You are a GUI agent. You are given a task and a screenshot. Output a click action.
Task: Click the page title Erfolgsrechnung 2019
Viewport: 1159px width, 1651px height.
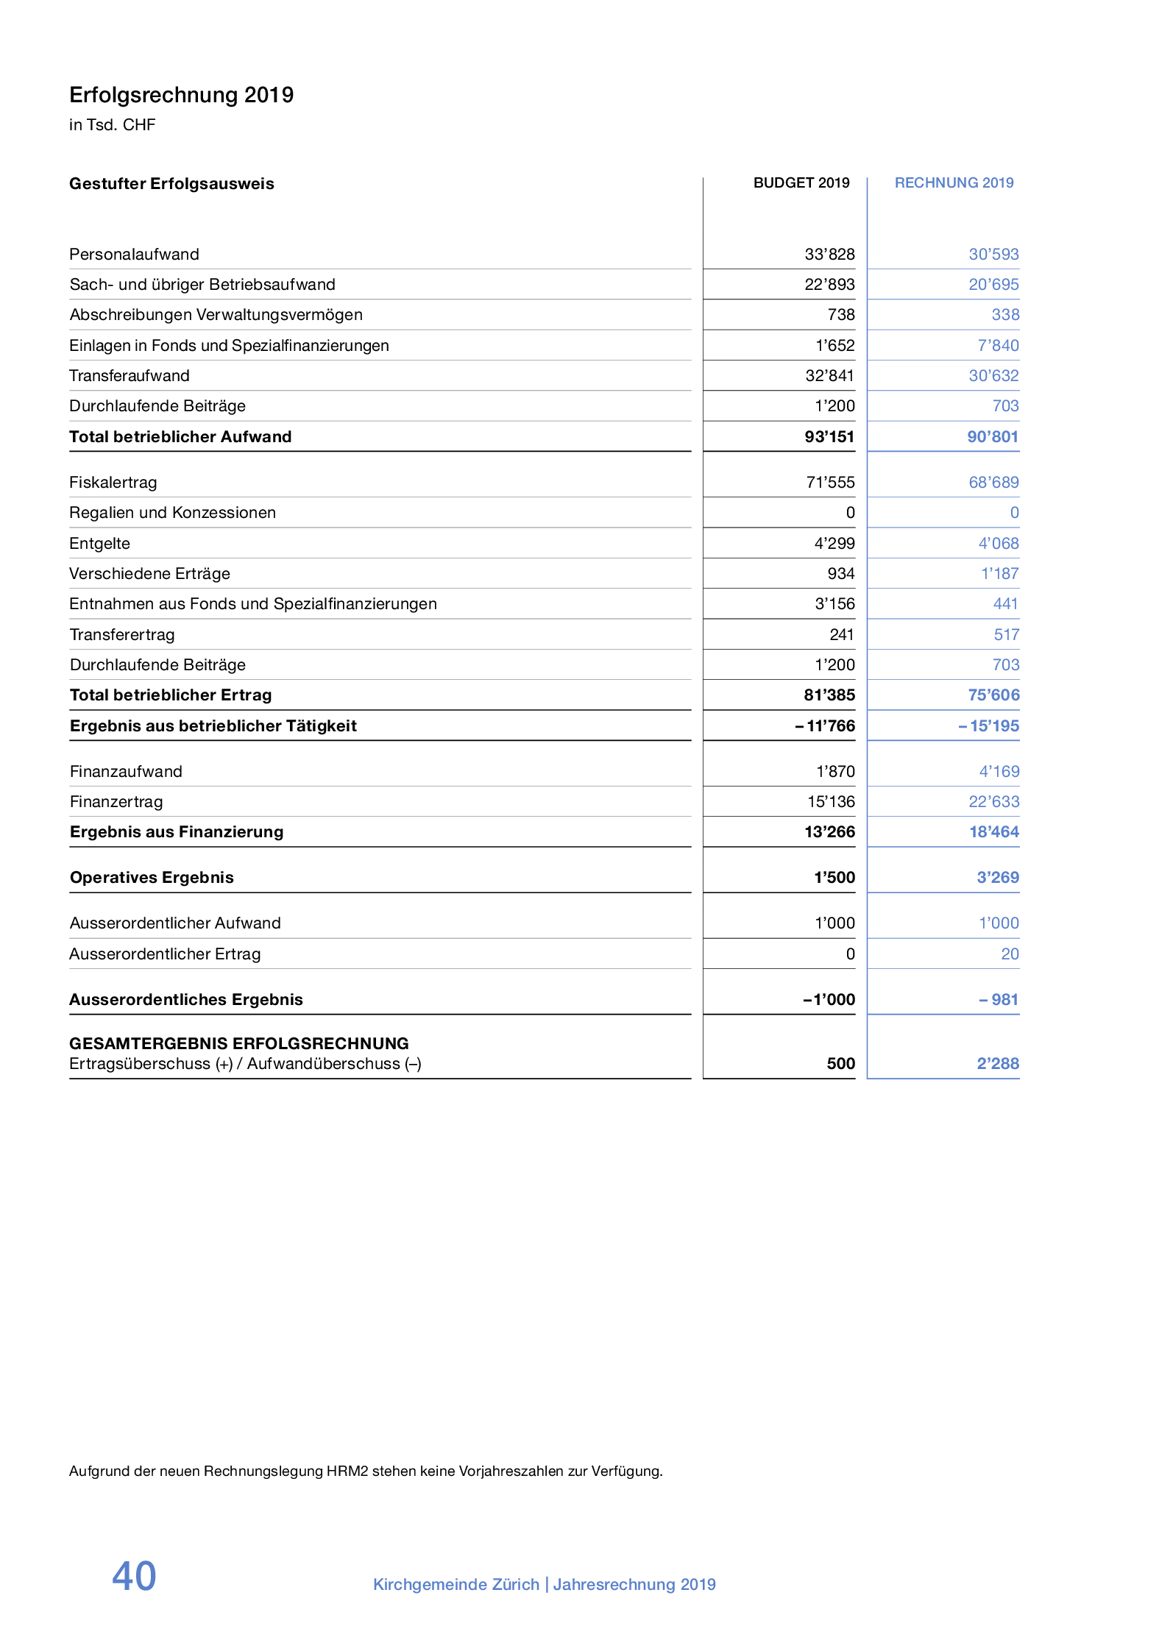[181, 95]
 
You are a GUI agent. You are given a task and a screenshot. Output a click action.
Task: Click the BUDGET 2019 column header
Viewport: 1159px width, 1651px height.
[801, 182]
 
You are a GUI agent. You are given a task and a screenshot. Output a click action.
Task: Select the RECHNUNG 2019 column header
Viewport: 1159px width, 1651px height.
[954, 182]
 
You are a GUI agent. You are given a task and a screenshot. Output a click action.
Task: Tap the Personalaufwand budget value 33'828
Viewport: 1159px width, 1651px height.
[829, 255]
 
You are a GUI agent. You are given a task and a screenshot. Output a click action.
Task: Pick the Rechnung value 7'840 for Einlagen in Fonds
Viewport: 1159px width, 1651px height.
[998, 346]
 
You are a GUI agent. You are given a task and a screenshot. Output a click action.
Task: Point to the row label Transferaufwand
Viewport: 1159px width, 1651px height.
[130, 376]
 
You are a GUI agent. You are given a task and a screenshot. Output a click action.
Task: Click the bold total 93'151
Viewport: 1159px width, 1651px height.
[829, 437]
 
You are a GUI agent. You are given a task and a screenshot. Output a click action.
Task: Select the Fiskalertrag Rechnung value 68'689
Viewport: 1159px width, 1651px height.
[993, 483]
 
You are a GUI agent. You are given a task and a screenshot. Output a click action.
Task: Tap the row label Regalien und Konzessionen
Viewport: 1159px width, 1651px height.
[172, 513]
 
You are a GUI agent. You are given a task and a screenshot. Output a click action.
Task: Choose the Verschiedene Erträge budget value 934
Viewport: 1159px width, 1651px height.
[841, 574]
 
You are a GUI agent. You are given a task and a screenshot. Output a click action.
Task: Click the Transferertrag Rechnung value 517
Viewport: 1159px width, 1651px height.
[1006, 635]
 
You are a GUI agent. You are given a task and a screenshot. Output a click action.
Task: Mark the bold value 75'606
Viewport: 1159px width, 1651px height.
[993, 695]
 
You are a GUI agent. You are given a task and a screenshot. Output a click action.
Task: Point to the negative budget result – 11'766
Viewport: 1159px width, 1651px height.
[825, 726]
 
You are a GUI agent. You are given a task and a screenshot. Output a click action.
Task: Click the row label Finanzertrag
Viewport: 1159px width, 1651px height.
[116, 802]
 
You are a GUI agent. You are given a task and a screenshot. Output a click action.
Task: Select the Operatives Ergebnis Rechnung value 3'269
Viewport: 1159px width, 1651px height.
[997, 878]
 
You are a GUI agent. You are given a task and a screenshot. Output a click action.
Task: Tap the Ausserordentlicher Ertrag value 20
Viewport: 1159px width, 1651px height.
[1010, 954]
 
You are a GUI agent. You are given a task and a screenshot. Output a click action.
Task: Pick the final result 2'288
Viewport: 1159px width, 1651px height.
[997, 1064]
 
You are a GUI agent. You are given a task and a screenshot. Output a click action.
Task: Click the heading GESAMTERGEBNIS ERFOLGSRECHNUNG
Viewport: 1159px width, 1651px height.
[239, 1043]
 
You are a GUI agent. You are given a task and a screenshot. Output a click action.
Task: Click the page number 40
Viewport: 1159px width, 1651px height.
[134, 1576]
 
